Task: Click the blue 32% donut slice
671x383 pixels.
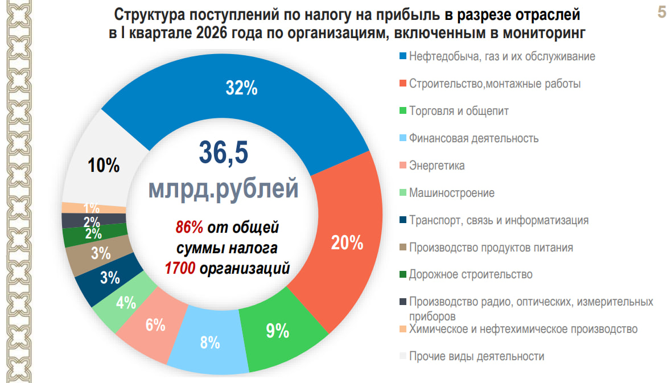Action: (242, 88)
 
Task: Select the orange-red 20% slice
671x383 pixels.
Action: (347, 243)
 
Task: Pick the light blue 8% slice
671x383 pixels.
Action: (209, 343)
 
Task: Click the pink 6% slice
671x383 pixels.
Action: (155, 326)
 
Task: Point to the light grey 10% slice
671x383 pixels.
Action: (104, 166)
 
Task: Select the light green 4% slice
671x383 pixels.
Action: (125, 303)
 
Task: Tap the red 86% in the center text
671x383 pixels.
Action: (189, 228)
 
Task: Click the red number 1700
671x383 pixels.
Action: (180, 268)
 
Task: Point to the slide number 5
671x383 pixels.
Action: (661, 13)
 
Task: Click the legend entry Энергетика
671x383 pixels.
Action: (437, 166)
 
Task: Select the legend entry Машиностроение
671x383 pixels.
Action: (451, 193)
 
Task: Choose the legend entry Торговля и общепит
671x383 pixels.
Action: (459, 111)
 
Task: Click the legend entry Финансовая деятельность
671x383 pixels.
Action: (474, 138)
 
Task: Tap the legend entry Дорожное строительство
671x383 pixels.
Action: (471, 274)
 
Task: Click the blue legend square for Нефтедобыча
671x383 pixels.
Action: (403, 57)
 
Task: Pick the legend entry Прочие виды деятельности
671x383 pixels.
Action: (476, 356)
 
